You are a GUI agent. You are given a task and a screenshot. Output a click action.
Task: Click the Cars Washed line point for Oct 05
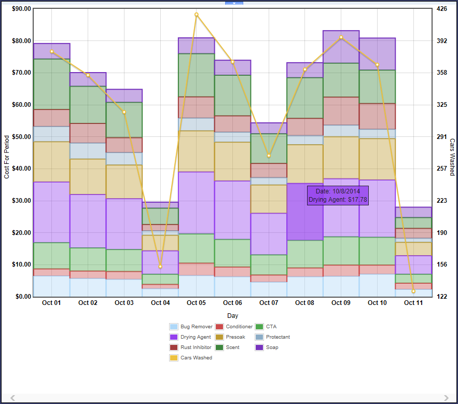(x=197, y=15)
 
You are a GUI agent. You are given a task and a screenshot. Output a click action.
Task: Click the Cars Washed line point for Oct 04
(x=160, y=267)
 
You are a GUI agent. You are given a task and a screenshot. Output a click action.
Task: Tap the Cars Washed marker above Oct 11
(x=413, y=291)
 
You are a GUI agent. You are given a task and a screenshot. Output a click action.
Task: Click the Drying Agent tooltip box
(x=338, y=196)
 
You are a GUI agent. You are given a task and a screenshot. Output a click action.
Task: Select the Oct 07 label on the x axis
(x=269, y=303)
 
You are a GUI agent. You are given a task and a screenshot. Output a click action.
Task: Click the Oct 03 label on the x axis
(x=124, y=303)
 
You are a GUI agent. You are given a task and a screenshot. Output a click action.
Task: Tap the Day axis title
(x=233, y=315)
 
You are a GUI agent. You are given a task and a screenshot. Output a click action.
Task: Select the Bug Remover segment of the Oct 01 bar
(x=51, y=286)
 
